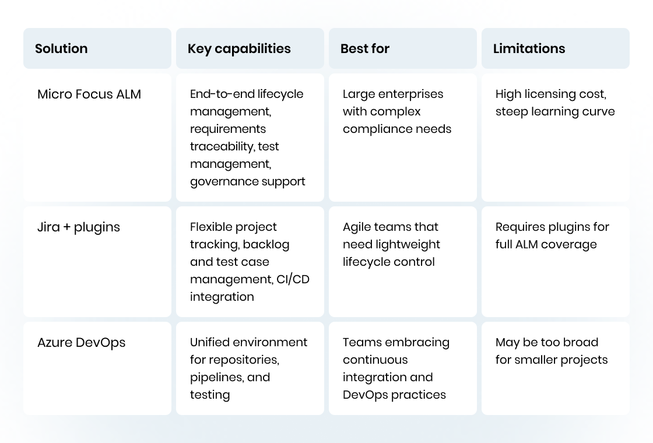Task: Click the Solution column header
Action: (x=61, y=49)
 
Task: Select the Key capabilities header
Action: (x=239, y=49)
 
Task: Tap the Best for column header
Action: (x=365, y=49)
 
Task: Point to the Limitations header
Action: (x=529, y=49)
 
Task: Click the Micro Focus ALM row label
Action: (x=89, y=94)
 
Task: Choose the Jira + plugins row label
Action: (x=79, y=227)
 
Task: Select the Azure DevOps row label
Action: (x=81, y=343)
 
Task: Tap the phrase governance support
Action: (x=247, y=181)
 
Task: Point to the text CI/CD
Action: (x=293, y=279)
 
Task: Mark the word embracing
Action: (x=417, y=343)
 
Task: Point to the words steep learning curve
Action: (x=555, y=111)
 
